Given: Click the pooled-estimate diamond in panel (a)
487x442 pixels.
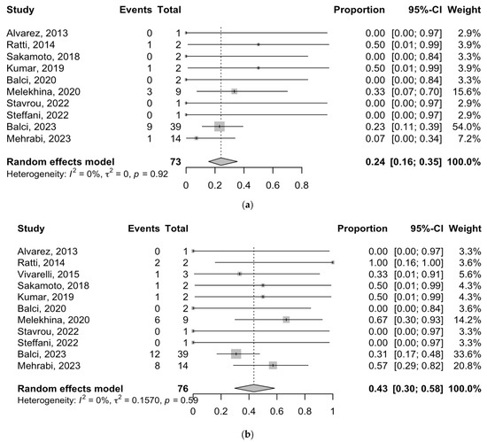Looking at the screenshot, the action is (222, 161).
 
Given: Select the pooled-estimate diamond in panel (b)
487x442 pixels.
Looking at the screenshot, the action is (254, 388).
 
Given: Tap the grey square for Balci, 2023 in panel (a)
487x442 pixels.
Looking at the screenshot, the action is (220, 127).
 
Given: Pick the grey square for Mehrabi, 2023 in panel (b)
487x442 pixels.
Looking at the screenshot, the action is (273, 366).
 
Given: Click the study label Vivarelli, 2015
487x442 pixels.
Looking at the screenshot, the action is (48, 275).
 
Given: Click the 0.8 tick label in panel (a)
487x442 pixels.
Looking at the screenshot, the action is (302, 185).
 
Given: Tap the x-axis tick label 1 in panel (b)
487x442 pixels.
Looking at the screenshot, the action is (333, 411).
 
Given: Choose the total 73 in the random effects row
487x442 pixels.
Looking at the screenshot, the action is (175, 162).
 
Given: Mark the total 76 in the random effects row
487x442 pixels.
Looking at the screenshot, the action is (183, 389).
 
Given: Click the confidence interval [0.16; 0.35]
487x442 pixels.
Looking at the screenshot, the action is (415, 162).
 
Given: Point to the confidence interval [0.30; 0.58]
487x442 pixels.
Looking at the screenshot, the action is (418, 389).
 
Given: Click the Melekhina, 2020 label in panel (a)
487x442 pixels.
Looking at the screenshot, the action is (43, 91).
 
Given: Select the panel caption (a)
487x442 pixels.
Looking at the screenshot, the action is (247, 205).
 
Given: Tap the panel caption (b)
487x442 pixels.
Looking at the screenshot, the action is (247, 434).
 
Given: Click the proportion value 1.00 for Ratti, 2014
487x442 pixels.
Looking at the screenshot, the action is (378, 263).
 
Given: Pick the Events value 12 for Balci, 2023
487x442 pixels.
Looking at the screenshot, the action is (154, 354).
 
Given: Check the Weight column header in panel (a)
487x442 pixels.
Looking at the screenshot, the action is (464, 10).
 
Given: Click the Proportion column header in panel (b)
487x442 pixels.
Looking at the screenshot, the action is (362, 229).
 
